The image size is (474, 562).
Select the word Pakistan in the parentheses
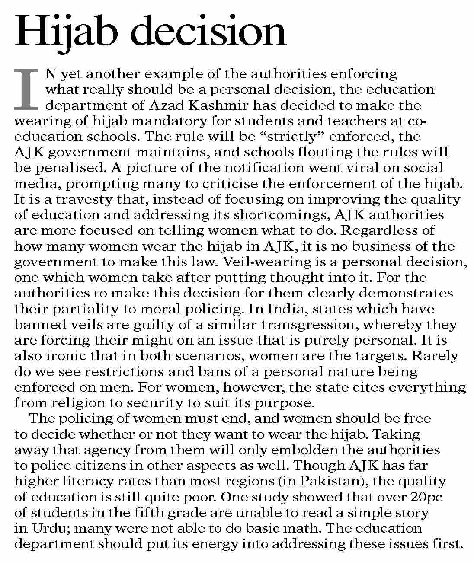coord(333,481)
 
